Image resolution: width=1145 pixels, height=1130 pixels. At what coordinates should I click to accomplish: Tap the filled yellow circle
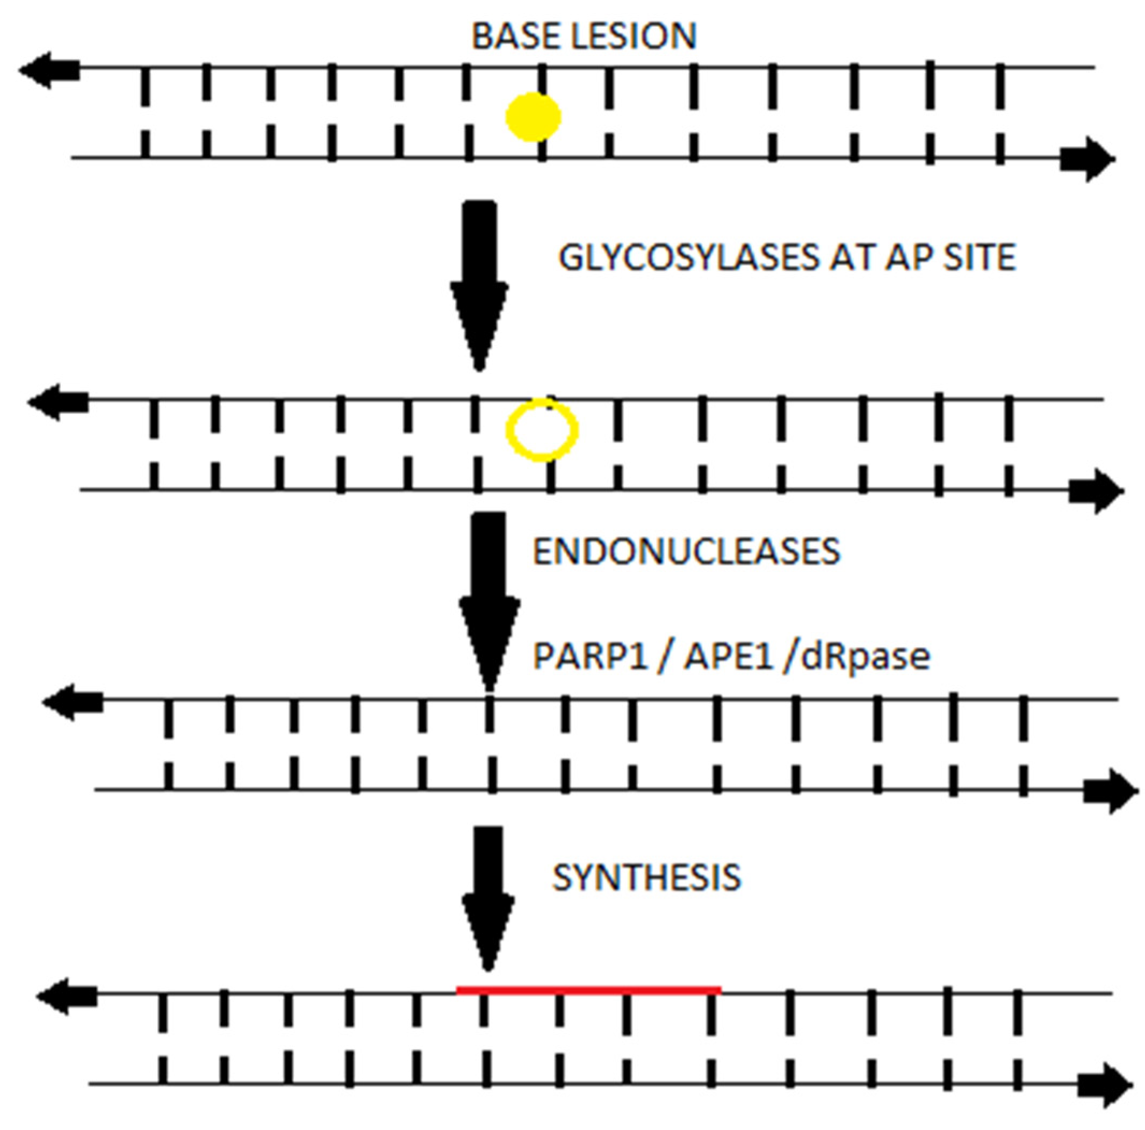click(x=533, y=117)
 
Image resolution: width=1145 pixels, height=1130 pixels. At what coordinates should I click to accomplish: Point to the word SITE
click(x=980, y=258)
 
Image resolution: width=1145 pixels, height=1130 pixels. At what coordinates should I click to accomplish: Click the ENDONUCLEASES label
click(x=686, y=551)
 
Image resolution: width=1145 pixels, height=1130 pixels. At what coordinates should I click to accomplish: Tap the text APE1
click(x=729, y=657)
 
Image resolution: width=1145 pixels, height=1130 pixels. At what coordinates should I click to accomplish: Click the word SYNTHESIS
click(x=646, y=877)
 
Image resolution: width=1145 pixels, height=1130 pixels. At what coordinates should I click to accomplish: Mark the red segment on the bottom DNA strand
click(x=588, y=989)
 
